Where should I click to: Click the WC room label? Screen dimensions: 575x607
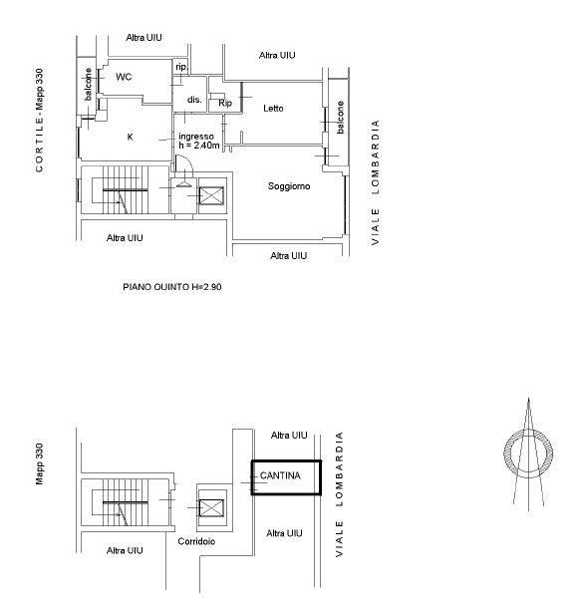click(124, 77)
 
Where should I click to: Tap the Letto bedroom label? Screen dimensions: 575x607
click(273, 109)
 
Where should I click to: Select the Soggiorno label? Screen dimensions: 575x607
click(289, 186)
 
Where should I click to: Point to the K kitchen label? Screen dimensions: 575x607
click(131, 137)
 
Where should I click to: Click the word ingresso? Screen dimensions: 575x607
click(196, 137)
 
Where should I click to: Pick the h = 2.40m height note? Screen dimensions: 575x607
click(199, 146)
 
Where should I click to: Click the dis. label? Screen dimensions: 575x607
click(194, 100)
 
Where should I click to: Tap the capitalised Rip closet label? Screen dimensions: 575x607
click(225, 103)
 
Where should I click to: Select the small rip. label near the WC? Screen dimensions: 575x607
click(181, 67)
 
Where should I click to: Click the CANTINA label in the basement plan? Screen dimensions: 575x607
click(280, 475)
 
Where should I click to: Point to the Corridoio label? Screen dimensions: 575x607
click(196, 541)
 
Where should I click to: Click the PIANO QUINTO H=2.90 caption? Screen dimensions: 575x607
click(172, 287)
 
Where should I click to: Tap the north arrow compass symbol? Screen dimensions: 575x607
click(528, 455)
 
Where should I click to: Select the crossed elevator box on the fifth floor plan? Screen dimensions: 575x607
click(211, 196)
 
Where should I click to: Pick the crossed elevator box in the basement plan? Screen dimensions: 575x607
click(211, 508)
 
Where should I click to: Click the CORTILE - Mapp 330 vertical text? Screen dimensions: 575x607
click(40, 121)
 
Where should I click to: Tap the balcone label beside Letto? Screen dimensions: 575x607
click(340, 118)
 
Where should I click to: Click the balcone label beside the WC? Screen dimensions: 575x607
click(89, 85)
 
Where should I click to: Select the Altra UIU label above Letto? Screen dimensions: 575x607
click(277, 56)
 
